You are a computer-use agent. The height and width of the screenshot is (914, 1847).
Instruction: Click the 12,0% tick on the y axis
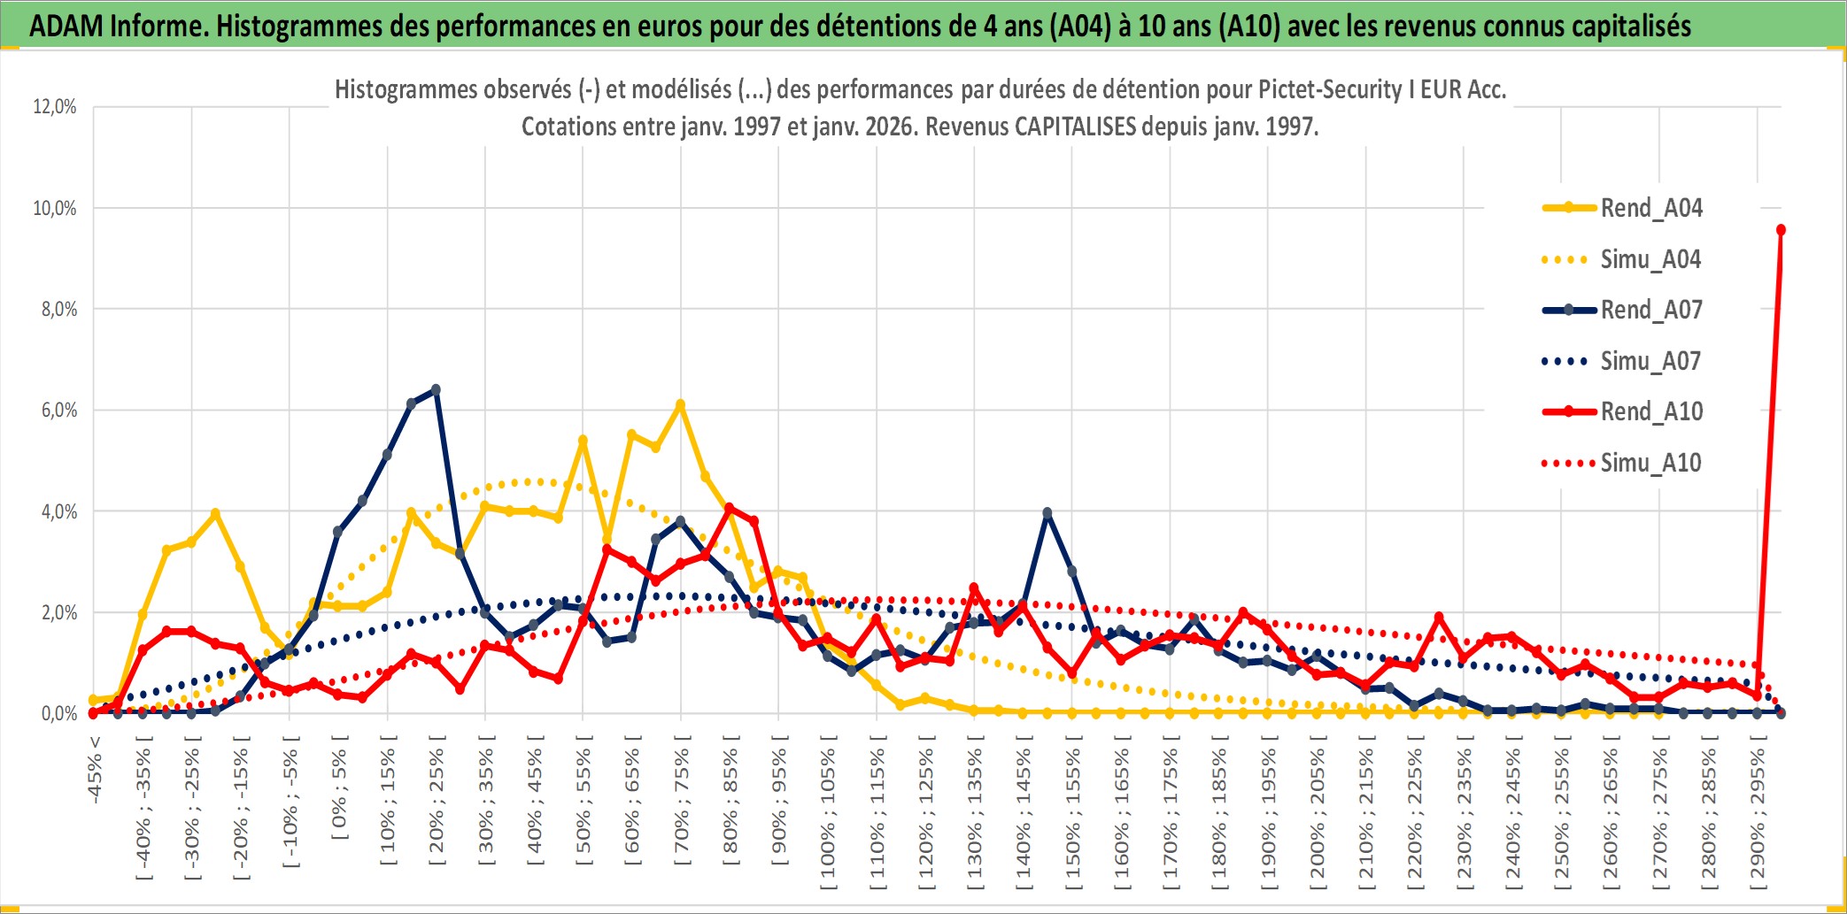(x=55, y=107)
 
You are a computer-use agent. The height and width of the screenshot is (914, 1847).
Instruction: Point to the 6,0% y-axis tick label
(x=58, y=411)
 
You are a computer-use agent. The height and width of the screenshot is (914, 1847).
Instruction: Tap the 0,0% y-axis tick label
(x=58, y=713)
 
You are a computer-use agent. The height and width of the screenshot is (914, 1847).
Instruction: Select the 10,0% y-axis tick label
(x=55, y=209)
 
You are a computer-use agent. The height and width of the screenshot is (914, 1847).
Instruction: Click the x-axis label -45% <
(x=95, y=770)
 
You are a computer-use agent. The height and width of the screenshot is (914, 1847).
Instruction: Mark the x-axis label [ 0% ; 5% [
(x=339, y=793)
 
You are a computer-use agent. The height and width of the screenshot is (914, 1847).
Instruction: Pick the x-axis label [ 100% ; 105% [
(x=828, y=814)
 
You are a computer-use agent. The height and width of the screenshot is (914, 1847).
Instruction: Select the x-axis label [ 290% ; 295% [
(x=1758, y=814)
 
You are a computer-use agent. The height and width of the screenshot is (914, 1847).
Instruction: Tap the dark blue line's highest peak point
(x=436, y=390)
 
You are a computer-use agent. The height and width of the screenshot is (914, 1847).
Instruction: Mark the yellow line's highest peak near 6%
(x=680, y=405)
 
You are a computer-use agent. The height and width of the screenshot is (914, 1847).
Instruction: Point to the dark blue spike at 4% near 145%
(x=1047, y=513)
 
